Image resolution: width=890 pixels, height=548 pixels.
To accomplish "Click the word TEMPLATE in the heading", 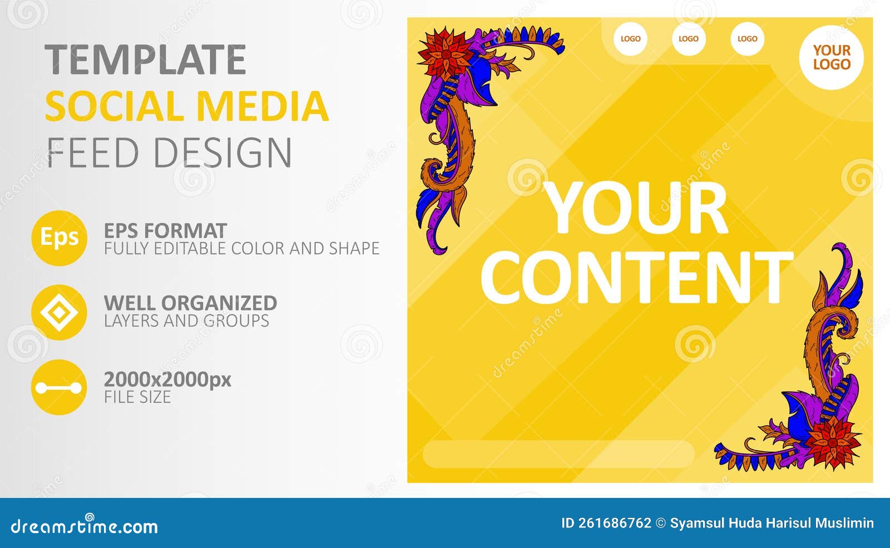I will pyautogui.click(x=145, y=60).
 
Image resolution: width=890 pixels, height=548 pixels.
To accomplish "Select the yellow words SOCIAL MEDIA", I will pyautogui.click(x=186, y=106).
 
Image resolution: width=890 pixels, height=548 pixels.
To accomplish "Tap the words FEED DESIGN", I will pyautogui.click(x=169, y=152).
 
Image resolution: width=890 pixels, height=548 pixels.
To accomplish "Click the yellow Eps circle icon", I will pyautogui.click(x=59, y=238).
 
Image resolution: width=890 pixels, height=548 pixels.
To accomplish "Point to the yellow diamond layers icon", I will pyautogui.click(x=59, y=313).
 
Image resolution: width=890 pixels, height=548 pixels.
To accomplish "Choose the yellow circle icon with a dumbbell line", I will pyautogui.click(x=59, y=387).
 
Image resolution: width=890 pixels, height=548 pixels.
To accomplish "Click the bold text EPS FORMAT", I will pyautogui.click(x=165, y=230).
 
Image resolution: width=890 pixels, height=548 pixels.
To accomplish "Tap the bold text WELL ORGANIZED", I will pyautogui.click(x=190, y=303).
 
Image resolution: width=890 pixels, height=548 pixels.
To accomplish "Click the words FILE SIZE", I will pyautogui.click(x=137, y=397).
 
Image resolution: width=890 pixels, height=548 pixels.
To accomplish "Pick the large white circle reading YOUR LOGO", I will pyautogui.click(x=832, y=57).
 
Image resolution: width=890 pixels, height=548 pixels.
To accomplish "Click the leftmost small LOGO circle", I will pyautogui.click(x=630, y=39).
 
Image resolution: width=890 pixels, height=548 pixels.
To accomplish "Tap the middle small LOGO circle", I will pyautogui.click(x=689, y=39).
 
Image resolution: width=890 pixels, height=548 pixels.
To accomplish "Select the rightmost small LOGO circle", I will pyautogui.click(x=747, y=39).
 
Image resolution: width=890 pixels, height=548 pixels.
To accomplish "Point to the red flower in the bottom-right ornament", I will pyautogui.click(x=832, y=438).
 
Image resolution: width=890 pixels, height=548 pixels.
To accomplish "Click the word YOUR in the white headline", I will pyautogui.click(x=637, y=209).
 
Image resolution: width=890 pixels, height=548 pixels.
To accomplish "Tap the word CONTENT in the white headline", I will pyautogui.click(x=637, y=277).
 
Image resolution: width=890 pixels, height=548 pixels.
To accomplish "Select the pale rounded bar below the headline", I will pyautogui.click(x=558, y=455).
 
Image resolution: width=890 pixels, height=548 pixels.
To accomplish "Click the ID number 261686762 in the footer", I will pyautogui.click(x=615, y=523).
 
